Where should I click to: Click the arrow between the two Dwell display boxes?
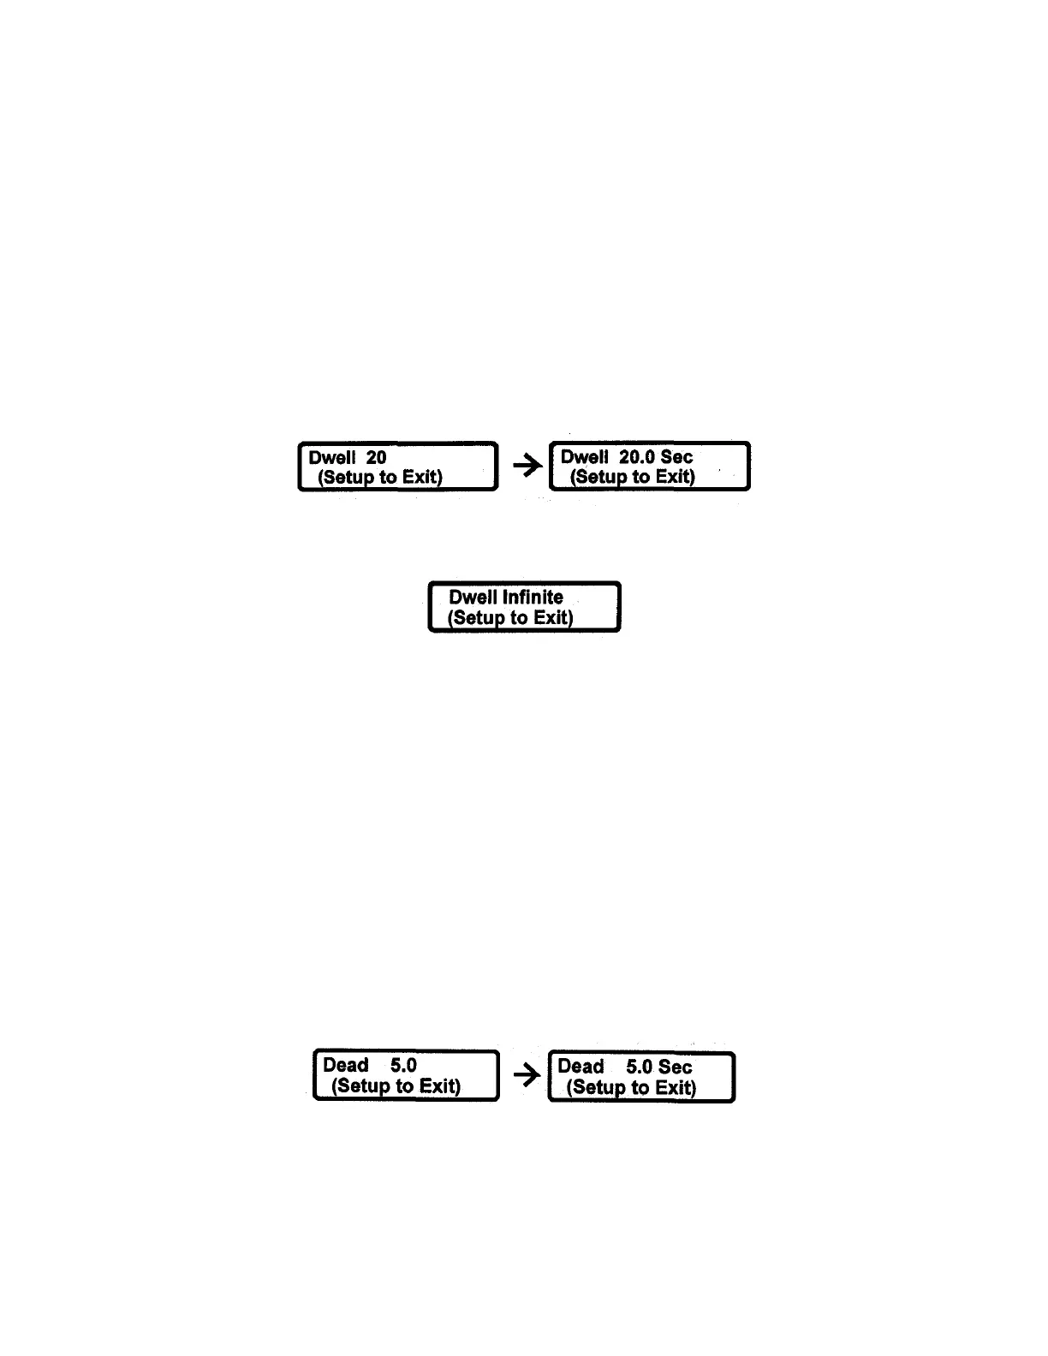pyautogui.click(x=527, y=466)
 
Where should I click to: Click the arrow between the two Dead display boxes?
pyautogui.click(x=527, y=1074)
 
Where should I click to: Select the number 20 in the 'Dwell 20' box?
pyautogui.click(x=376, y=458)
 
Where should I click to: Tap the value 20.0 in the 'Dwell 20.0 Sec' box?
pyautogui.click(x=637, y=457)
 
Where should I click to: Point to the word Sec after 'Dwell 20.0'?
pyautogui.click(x=676, y=457)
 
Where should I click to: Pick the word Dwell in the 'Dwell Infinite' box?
pyautogui.click(x=473, y=598)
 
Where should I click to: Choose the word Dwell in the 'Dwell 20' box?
pyautogui.click(x=332, y=458)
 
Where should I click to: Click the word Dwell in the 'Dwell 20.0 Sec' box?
pyautogui.click(x=585, y=457)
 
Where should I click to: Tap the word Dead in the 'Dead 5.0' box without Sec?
pyautogui.click(x=346, y=1066)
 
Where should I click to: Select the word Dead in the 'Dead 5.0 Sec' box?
pyautogui.click(x=581, y=1067)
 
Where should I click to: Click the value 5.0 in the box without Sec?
pyautogui.click(x=403, y=1066)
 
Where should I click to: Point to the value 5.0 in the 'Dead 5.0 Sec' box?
pyautogui.click(x=640, y=1067)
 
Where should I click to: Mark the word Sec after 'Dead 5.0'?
pyautogui.click(x=676, y=1067)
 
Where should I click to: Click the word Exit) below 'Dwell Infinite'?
pyautogui.click(x=553, y=618)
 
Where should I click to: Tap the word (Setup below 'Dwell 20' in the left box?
pyautogui.click(x=346, y=478)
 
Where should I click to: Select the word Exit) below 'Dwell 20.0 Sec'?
pyautogui.click(x=675, y=477)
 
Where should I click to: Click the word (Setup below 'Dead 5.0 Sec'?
pyautogui.click(x=597, y=1087)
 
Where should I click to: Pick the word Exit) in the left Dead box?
pyautogui.click(x=440, y=1086)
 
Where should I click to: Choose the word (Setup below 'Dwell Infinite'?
pyautogui.click(x=476, y=618)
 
